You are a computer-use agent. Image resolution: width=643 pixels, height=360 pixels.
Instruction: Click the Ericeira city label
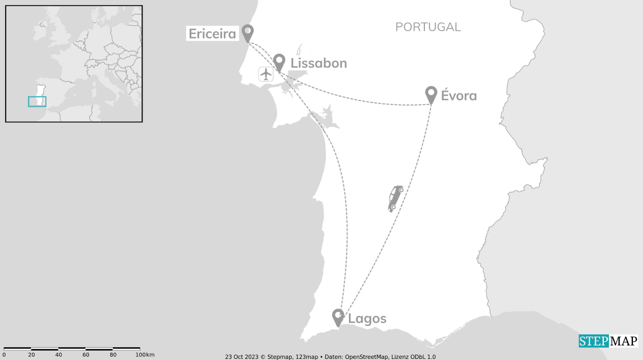212,34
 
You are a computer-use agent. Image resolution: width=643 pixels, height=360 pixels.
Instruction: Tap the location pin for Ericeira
247,32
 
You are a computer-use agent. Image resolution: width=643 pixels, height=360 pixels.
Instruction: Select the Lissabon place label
319,63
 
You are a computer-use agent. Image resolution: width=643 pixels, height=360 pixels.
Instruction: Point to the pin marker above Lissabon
279,61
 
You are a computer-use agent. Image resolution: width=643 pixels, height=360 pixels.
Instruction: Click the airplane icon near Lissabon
266,73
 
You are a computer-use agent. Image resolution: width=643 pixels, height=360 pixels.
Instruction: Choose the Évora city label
458,96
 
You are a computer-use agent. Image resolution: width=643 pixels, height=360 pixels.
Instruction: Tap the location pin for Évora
431,94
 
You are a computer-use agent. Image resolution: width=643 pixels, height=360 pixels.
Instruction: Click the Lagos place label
367,319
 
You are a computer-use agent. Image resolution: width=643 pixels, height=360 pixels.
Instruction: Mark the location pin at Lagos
338,316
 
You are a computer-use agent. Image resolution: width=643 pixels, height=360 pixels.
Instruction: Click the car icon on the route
396,198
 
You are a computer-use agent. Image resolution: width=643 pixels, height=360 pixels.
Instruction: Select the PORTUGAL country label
428,27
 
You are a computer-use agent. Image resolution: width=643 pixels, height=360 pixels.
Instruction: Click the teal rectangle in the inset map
37,101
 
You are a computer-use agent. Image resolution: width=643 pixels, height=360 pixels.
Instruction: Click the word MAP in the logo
623,341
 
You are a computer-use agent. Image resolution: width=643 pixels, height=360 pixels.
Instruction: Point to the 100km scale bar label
145,355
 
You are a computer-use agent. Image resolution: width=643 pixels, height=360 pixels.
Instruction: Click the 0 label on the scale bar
4,355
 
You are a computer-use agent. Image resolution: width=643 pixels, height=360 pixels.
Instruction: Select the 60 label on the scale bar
86,355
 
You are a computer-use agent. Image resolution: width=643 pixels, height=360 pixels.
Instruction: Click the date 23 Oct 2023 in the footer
241,357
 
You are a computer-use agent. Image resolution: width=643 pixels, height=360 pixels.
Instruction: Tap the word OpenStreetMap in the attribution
371,357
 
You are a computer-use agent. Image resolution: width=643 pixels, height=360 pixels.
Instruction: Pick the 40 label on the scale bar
58,355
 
